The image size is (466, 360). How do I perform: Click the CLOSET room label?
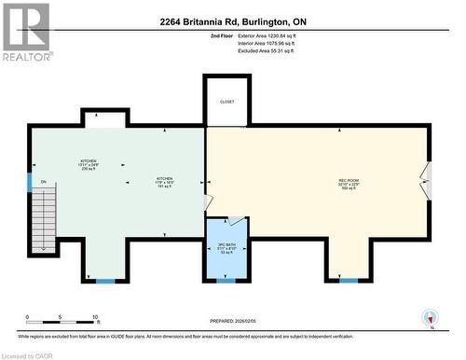(x=227, y=102)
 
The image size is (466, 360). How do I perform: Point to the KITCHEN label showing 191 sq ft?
(x=164, y=182)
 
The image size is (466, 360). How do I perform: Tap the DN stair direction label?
(x=43, y=181)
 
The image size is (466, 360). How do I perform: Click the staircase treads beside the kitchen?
(x=45, y=218)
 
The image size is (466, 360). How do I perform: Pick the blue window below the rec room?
(x=349, y=280)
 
